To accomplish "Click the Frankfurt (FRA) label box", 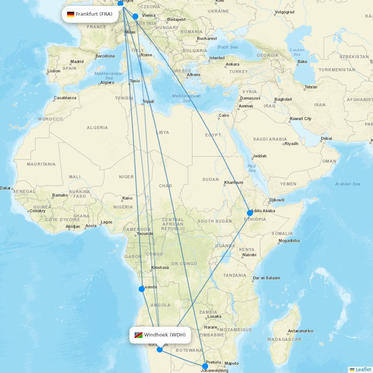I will (90, 14).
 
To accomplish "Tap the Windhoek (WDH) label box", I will (160, 335).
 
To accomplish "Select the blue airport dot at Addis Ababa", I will (250, 213).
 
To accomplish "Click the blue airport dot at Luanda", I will (142, 289).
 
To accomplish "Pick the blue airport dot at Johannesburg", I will (205, 366).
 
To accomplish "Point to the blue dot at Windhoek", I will (160, 350).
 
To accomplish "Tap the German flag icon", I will (70, 14).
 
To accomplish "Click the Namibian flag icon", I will (138, 335).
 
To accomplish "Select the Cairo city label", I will (224, 115).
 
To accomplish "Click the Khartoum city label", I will (233, 183).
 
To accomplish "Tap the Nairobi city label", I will (249, 255).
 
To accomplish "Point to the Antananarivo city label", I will (300, 331).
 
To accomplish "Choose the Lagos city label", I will (106, 222).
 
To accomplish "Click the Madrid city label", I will (77, 62).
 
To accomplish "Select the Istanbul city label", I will (217, 58).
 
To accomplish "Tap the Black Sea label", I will (228, 47).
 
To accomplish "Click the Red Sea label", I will (252, 168).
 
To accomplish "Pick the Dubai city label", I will (326, 138).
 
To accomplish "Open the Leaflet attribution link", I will (363, 369).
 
